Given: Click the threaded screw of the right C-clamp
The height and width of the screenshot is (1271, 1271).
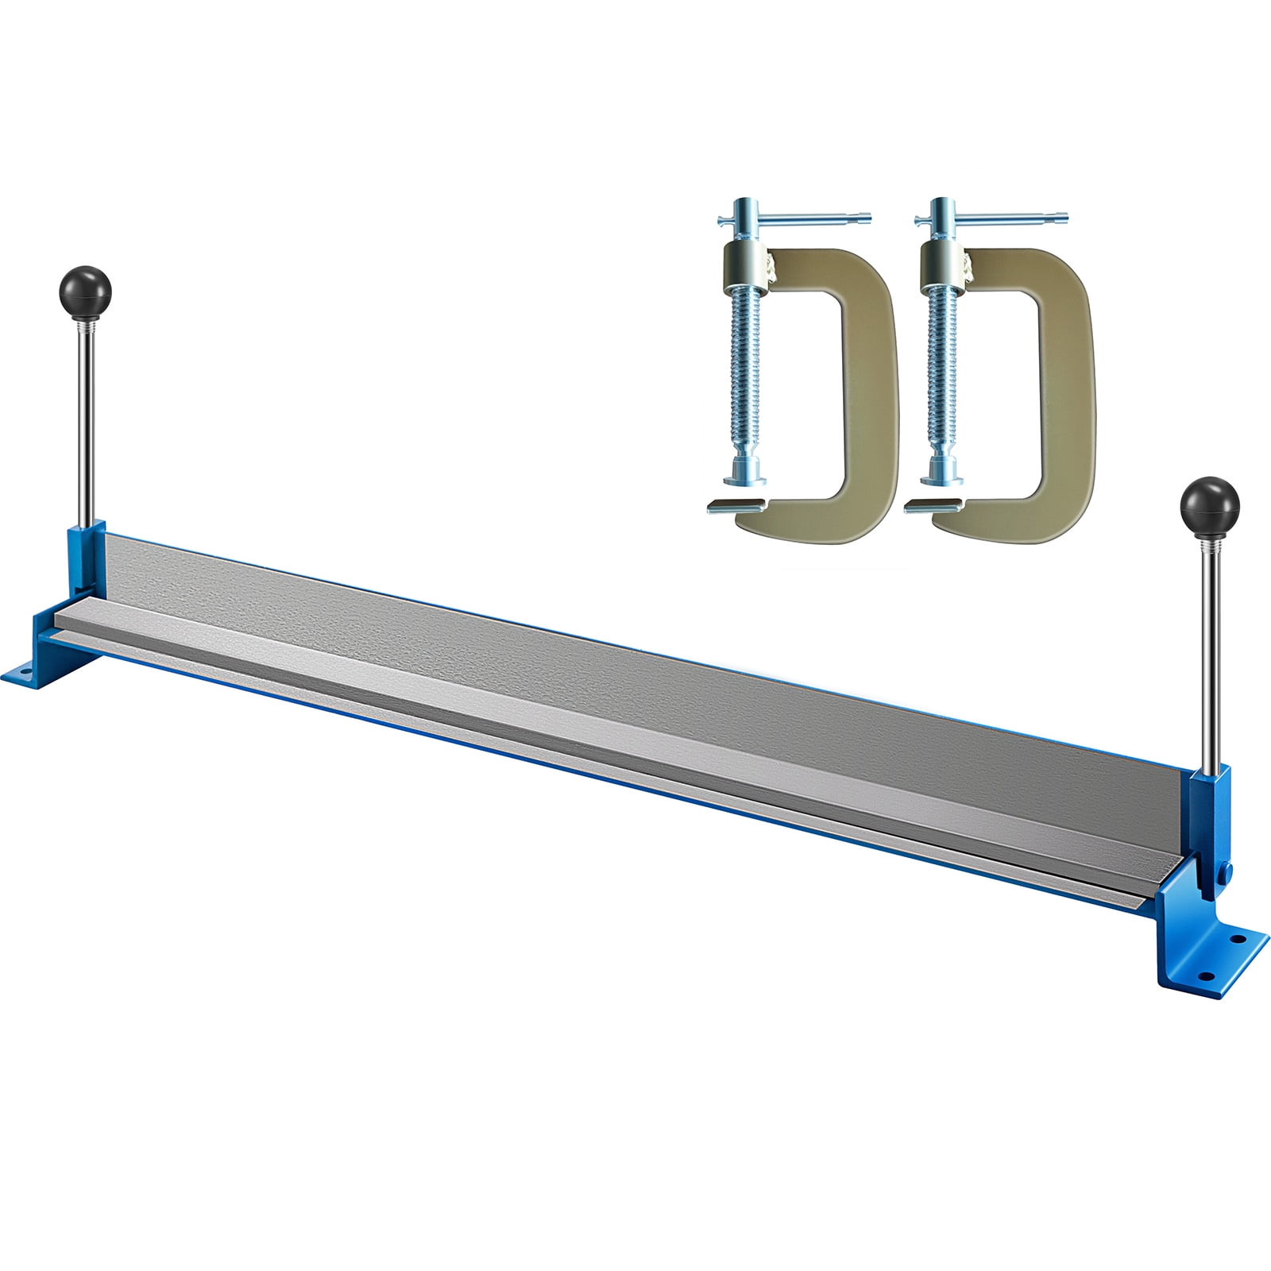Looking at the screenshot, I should pos(943,381).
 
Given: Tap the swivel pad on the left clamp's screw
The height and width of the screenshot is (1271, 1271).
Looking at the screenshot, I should pos(745,477).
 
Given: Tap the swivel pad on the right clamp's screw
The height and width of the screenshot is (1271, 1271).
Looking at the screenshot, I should pos(943,477).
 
